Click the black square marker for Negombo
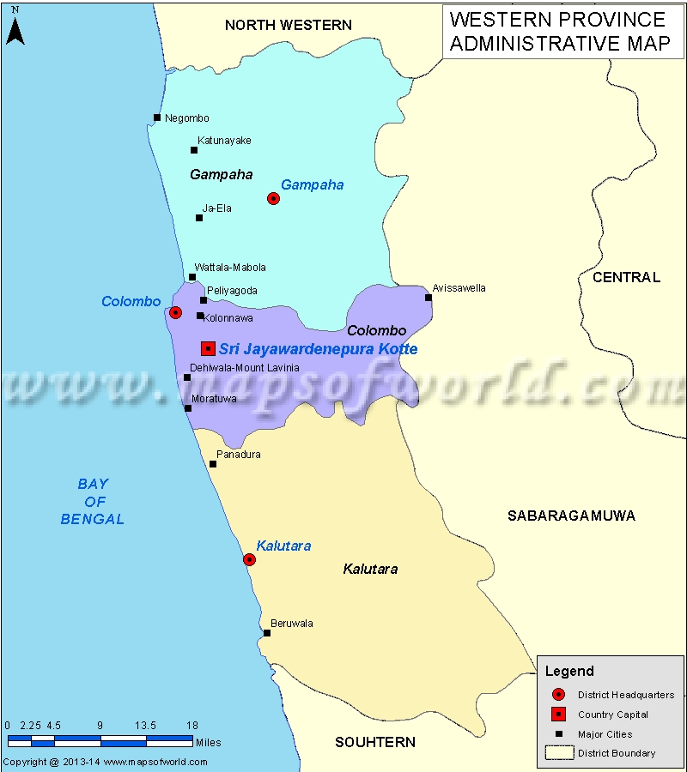coord(157,118)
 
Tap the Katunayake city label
coord(224,140)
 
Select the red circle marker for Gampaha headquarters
coord(273,198)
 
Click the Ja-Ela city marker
coord(199,218)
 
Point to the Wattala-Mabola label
coord(230,268)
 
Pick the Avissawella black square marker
coord(429,298)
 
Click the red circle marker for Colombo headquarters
coord(175,312)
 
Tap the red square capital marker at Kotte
coord(208,348)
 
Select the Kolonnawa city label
coord(228,318)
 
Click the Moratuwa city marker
coord(188,408)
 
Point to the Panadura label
coord(238,455)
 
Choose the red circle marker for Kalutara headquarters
coord(249,559)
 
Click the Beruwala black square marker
coord(267,633)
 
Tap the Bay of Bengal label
coord(92,502)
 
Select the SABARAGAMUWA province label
coord(571,516)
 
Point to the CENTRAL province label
coord(626,277)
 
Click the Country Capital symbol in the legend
coord(558,715)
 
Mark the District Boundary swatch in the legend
coord(558,753)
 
